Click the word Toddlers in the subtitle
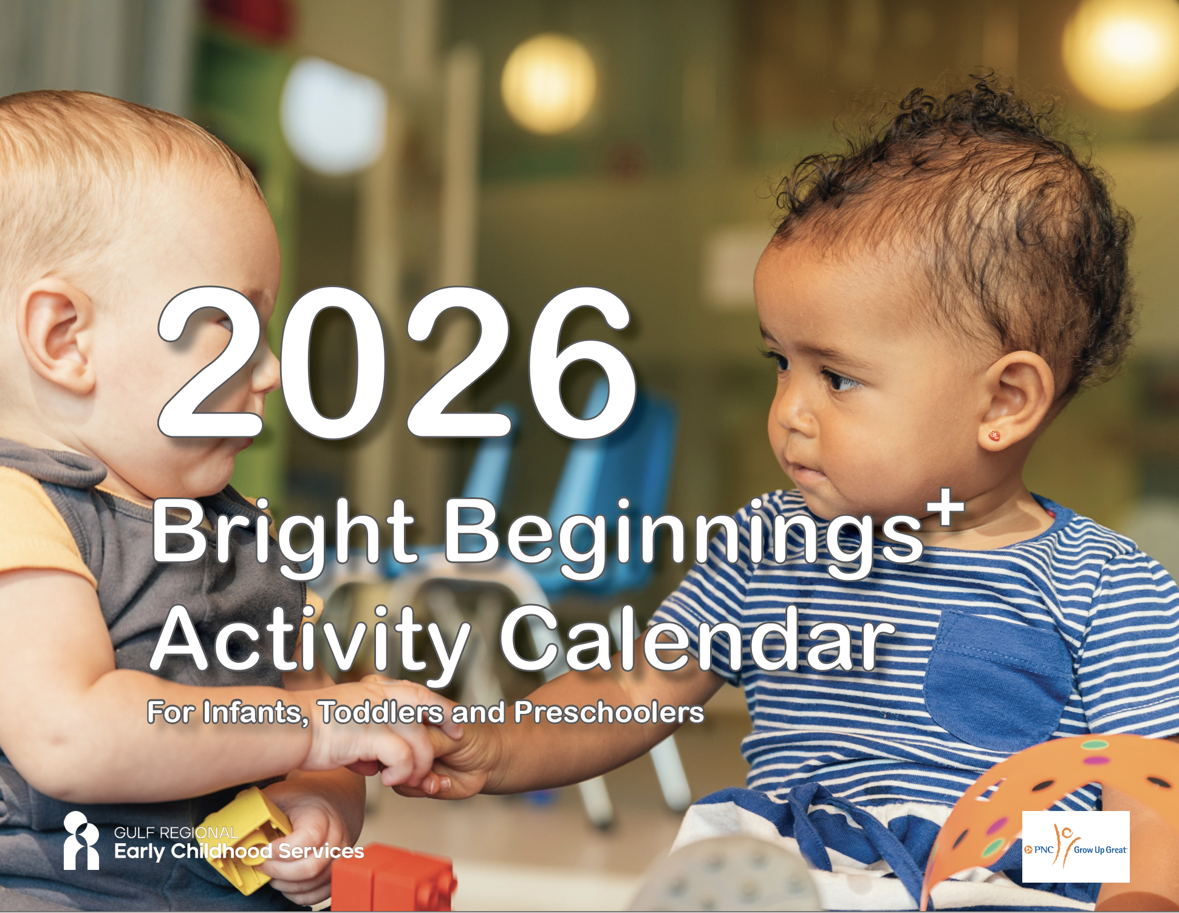381,712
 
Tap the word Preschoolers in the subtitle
609,712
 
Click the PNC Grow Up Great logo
1076,847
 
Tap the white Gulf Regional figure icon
81,840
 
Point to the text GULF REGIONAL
176,833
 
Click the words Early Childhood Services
239,852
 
